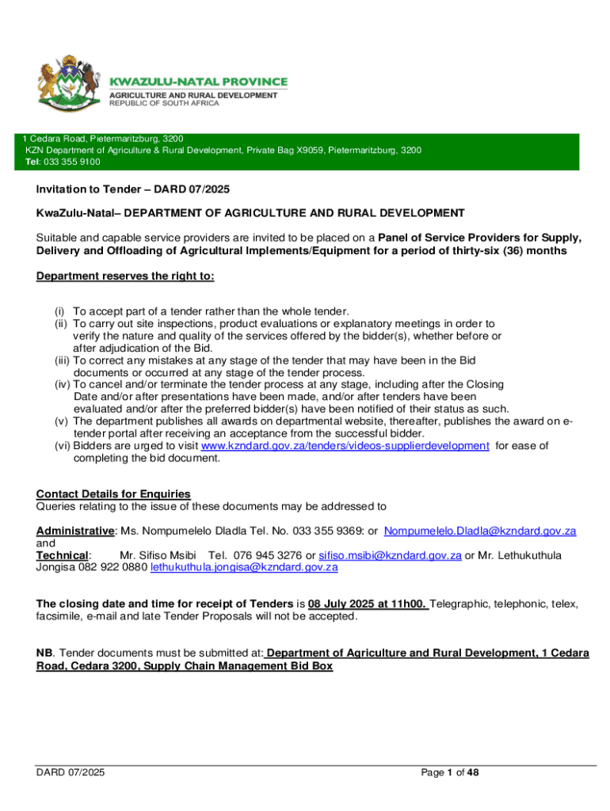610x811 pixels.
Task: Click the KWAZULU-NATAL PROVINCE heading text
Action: [198, 82]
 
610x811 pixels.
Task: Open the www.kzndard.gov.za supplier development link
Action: [345, 446]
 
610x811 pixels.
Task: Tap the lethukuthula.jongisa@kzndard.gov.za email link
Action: [244, 567]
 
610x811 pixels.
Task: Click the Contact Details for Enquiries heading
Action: [113, 494]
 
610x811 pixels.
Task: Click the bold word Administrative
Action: [75, 530]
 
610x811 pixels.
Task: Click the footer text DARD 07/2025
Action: [71, 772]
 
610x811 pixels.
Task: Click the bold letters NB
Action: [44, 653]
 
